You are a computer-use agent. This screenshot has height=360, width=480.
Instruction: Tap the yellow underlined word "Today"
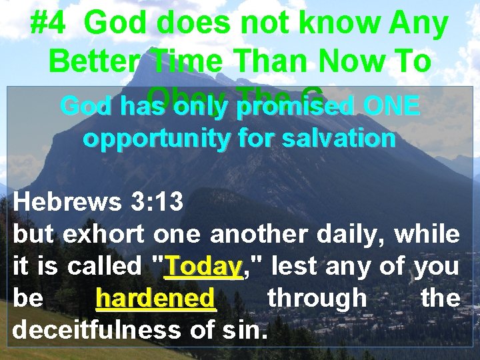[204, 267]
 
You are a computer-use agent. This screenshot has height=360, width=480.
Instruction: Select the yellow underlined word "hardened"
[156, 298]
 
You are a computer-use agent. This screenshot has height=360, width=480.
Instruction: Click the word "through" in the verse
[317, 298]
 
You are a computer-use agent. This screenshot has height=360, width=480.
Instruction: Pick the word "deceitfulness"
[93, 329]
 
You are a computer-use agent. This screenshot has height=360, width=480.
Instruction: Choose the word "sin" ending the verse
[246, 329]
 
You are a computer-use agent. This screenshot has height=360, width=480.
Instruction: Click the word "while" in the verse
[432, 235]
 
